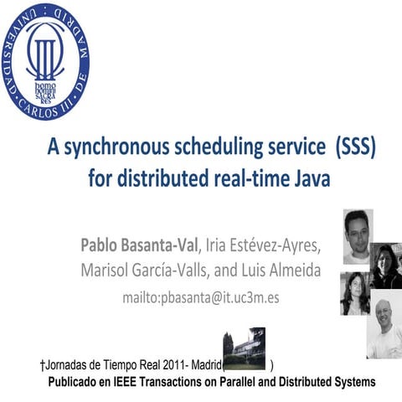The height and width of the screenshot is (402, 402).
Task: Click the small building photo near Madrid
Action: (245, 348)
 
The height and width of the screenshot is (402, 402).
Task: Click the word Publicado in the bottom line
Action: (75, 381)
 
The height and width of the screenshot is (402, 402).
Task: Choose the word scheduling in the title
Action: (206, 149)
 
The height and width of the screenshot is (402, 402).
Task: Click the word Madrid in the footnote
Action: (204, 366)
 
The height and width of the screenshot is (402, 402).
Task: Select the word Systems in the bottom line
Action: (353, 381)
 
